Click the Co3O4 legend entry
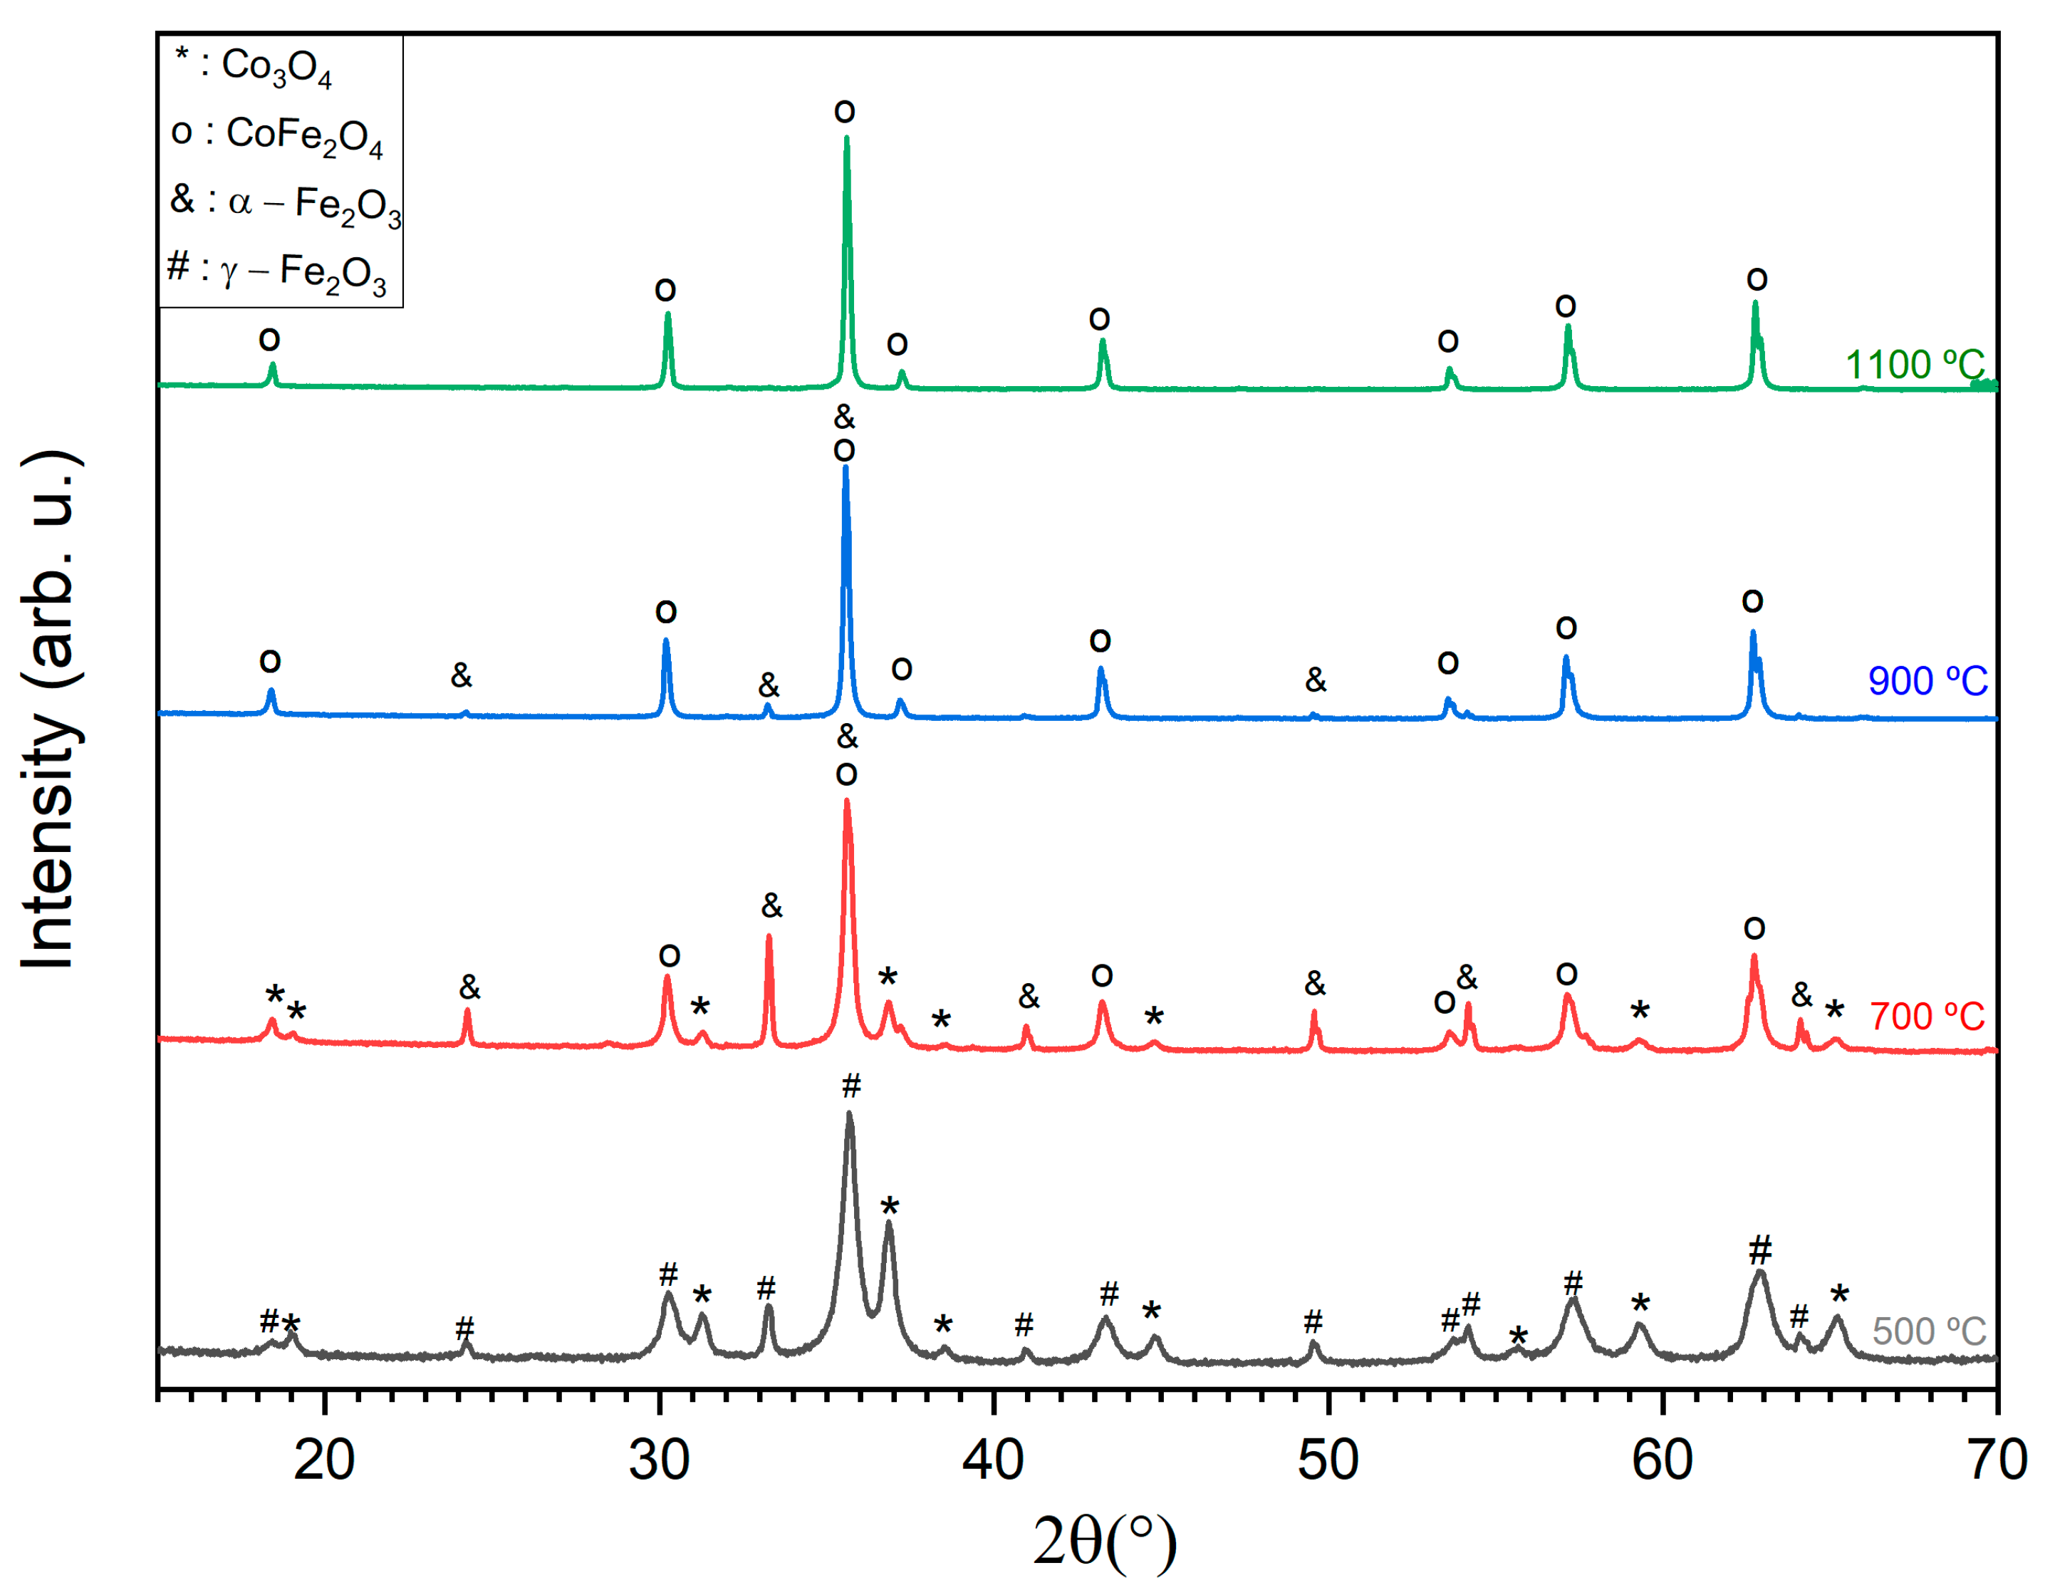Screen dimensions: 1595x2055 pyautogui.click(x=254, y=66)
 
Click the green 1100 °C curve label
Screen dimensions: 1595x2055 pyautogui.click(x=1914, y=365)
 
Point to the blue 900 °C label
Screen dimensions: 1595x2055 pyautogui.click(x=1927, y=681)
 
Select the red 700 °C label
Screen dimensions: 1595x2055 pyautogui.click(x=1926, y=1017)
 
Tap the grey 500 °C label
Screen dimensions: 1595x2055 pyautogui.click(x=1929, y=1331)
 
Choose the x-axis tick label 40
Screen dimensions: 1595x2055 pyautogui.click(x=993, y=1461)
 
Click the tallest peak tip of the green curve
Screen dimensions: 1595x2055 pyautogui.click(x=847, y=138)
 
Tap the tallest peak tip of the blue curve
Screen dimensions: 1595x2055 pyautogui.click(x=845, y=468)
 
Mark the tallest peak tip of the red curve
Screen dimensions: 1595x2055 pyautogui.click(x=847, y=801)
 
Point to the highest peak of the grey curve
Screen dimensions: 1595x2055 pyautogui.click(x=850, y=1113)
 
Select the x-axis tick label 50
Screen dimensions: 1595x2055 pyautogui.click(x=1328, y=1461)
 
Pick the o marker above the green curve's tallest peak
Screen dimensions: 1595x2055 pyautogui.click(x=844, y=112)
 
